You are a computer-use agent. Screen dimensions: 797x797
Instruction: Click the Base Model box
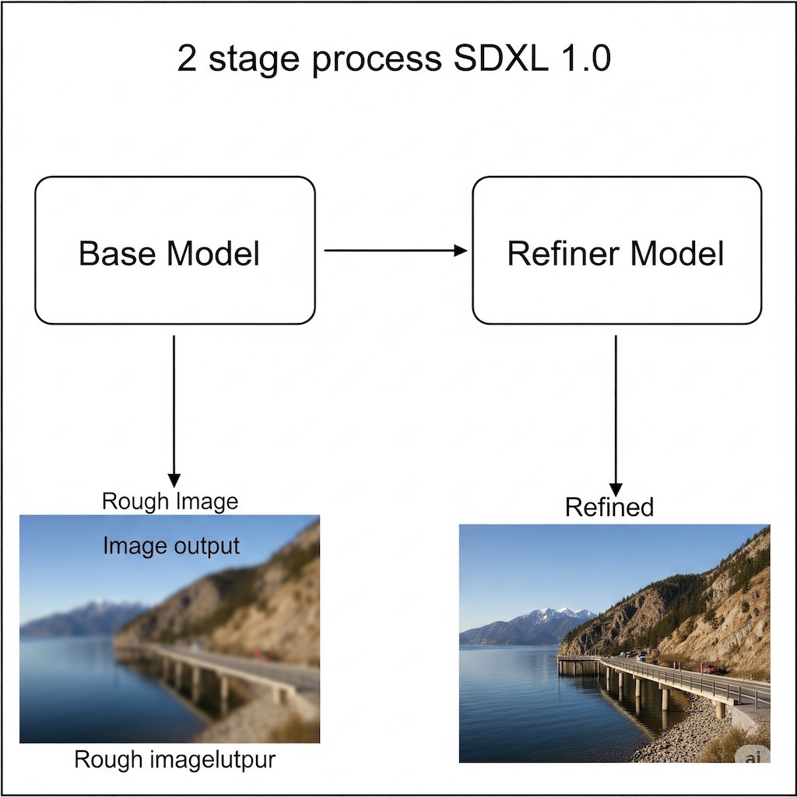[x=174, y=250]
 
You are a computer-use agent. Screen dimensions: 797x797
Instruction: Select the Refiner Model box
[x=616, y=250]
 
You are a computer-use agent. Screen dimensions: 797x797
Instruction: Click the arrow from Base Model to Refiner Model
[x=395, y=251]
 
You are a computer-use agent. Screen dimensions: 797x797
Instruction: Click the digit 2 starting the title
[x=187, y=59]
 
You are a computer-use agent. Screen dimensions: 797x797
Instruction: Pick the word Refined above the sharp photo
[x=609, y=507]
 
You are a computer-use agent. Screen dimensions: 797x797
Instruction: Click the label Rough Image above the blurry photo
[x=170, y=501]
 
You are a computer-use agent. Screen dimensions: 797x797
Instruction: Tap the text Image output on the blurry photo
[x=171, y=546]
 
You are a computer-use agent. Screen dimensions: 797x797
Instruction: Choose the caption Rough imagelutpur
[x=174, y=759]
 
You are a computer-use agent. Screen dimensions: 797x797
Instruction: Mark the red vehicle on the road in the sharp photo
[x=710, y=669]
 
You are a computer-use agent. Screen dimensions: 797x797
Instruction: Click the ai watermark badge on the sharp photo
[x=751, y=753]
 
